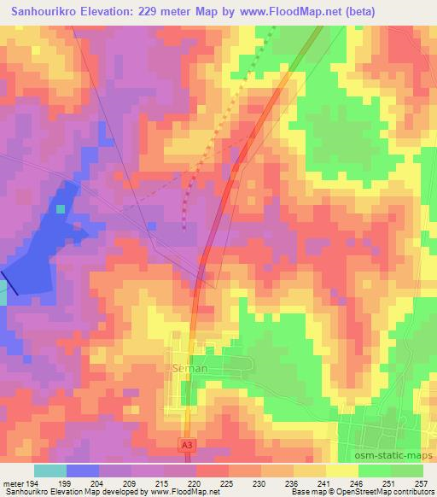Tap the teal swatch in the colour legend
pos(50,471)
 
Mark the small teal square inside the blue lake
pos(61,208)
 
